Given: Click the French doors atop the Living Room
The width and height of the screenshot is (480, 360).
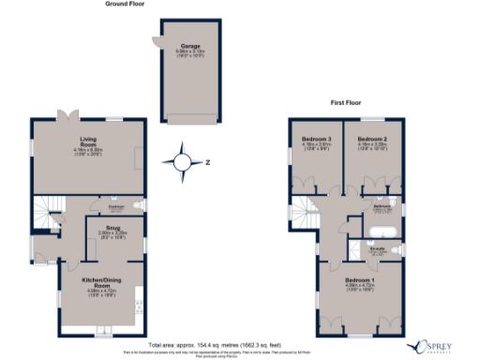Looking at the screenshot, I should tap(67, 116).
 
